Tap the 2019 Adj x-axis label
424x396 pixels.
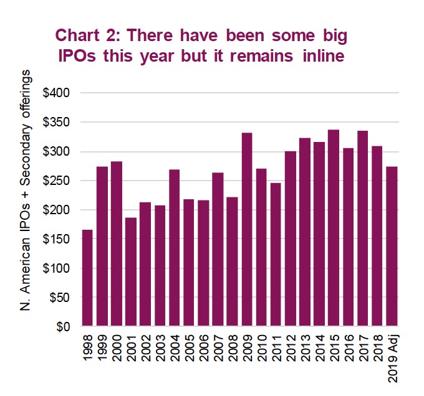[x=392, y=355]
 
